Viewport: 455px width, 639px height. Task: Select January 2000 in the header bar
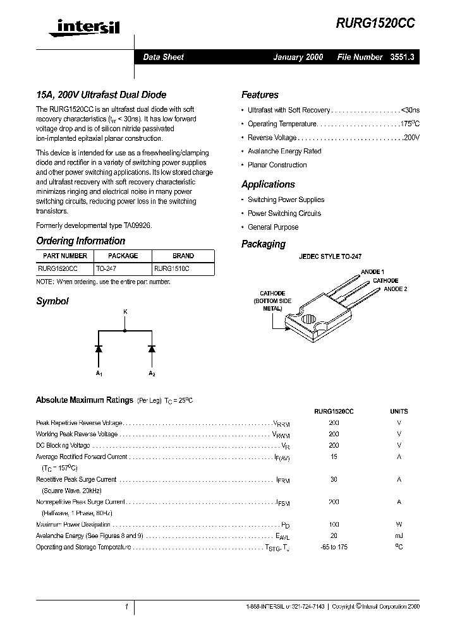pos(298,57)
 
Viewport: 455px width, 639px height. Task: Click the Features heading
pos(260,95)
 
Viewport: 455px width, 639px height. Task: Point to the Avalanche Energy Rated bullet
pos(284,152)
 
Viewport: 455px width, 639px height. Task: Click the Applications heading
pos(268,184)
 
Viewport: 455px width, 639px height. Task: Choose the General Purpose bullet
pos(273,227)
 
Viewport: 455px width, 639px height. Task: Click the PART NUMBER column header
pos(65,256)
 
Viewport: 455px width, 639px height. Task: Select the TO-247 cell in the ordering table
pos(106,268)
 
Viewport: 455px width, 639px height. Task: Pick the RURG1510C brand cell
pos(171,268)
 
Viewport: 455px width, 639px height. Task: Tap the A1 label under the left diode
pos(99,374)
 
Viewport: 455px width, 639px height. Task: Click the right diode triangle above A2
pos(152,348)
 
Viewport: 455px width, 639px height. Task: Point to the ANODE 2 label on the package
pos(396,289)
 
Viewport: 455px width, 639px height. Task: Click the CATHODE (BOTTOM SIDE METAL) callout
pos(272,301)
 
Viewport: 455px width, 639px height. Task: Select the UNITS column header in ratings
pos(399,411)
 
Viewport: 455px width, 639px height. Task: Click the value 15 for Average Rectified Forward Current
pos(334,457)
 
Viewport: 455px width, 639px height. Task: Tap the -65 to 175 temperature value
pos(334,547)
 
